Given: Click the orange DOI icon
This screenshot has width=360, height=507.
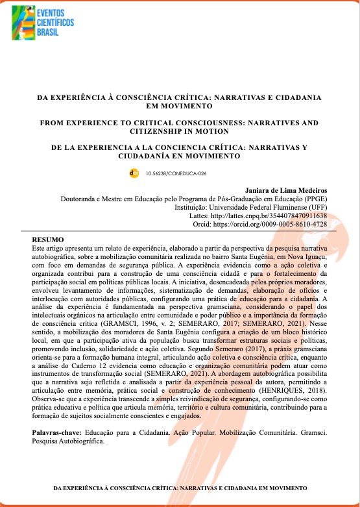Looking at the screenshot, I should pos(134,173).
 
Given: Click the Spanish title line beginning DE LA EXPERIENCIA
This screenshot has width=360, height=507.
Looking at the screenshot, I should pos(180,147).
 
